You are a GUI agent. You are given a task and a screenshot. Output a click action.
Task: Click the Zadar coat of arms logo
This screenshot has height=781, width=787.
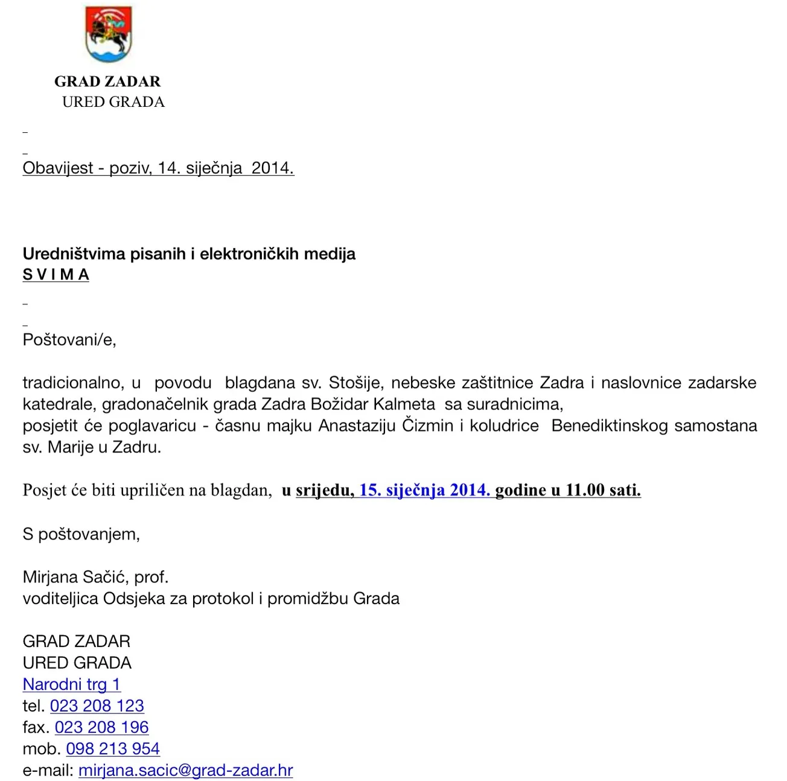point(109,34)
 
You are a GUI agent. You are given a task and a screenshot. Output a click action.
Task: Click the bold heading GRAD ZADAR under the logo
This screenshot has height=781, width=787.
point(107,81)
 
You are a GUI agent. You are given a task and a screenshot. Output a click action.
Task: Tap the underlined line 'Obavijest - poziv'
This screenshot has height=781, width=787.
point(158,168)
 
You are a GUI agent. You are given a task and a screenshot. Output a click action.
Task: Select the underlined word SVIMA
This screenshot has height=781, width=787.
point(56,275)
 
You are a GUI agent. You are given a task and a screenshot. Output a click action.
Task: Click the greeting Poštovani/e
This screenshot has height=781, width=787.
point(69,340)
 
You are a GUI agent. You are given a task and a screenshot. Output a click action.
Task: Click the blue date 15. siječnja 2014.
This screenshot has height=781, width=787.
point(424,490)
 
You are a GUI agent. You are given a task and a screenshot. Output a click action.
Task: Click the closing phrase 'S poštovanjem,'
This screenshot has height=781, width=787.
point(81,534)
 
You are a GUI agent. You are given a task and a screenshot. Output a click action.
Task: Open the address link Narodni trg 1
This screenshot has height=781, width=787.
point(71,684)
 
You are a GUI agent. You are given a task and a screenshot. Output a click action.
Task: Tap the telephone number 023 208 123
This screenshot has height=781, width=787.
point(97,706)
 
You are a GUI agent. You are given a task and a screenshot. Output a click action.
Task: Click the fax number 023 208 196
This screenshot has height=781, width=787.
point(101,727)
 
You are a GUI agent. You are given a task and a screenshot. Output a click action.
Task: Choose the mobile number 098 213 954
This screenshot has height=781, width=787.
point(113,749)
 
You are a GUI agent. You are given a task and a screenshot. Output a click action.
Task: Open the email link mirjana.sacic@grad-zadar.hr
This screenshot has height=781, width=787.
point(185,770)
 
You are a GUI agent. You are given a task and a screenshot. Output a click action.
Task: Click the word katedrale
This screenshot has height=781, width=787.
point(59,404)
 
